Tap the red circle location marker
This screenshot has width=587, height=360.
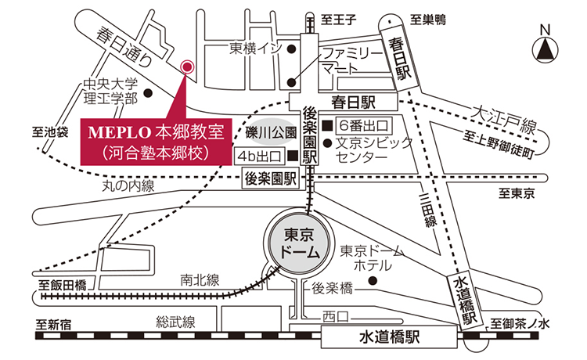186,67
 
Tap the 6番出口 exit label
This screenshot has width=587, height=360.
362,125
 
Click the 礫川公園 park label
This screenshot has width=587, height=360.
269,131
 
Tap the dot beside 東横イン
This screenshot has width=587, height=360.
290,49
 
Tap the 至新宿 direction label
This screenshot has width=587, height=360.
53,322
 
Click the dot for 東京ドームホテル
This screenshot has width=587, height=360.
373,280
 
